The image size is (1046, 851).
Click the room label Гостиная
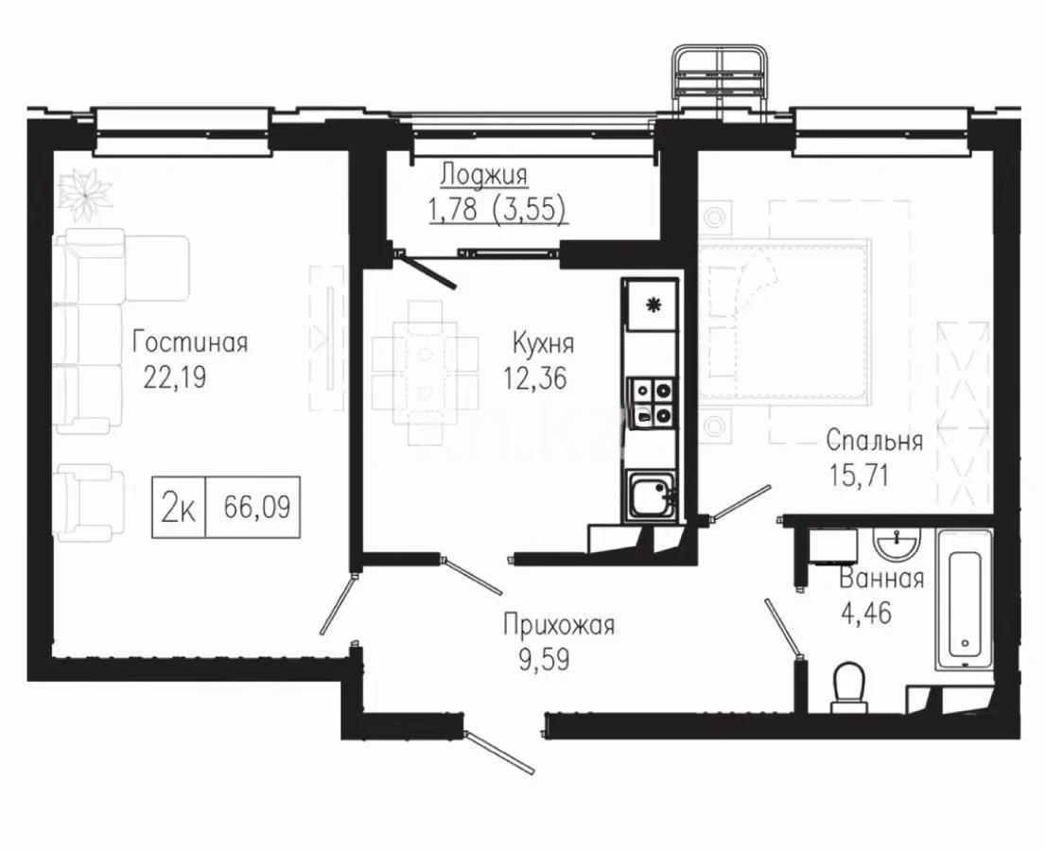tap(190, 341)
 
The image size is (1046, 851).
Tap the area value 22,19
tap(174, 377)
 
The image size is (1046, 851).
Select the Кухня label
tap(543, 341)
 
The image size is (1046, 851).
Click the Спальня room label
tap(874, 440)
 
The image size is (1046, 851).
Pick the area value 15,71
tap(861, 476)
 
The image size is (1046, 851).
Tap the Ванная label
tap(881, 579)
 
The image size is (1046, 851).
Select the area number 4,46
tap(866, 613)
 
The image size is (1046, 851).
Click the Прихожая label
tap(559, 625)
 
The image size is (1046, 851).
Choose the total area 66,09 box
tap(255, 508)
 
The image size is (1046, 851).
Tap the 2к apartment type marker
tap(179, 508)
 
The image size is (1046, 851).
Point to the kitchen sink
tap(650, 495)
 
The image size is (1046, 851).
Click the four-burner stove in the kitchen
tap(653, 401)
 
